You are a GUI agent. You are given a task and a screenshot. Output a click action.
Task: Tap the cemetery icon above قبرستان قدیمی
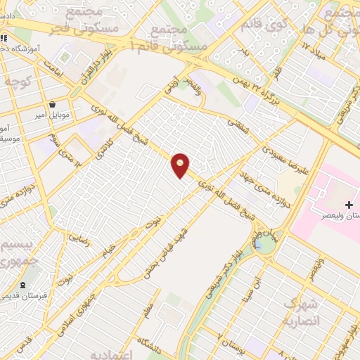pyautogui.click(x=23, y=285)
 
